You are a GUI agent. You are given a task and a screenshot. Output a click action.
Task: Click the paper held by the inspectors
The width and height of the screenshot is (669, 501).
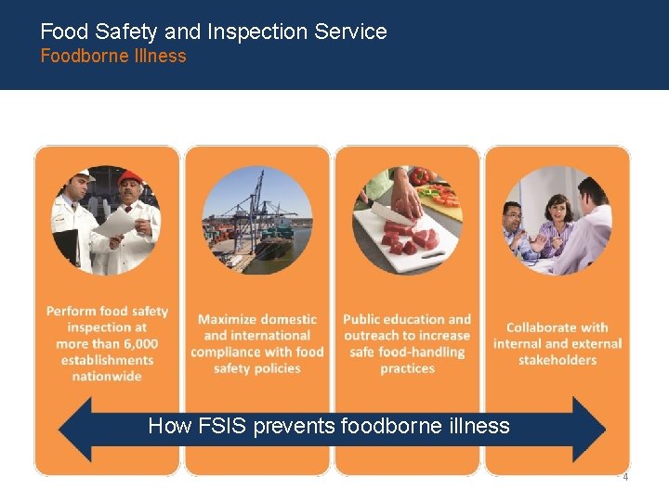pyautogui.click(x=114, y=224)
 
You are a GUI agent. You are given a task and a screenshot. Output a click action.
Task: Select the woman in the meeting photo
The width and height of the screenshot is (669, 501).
pyautogui.click(x=557, y=222)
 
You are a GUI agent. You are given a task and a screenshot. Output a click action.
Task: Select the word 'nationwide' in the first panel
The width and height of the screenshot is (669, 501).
pyautogui.click(x=107, y=377)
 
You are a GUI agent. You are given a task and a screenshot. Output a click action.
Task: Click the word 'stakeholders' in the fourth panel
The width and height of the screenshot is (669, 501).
pyautogui.click(x=557, y=360)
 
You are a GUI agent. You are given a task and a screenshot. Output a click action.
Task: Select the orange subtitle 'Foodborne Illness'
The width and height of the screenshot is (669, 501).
pyautogui.click(x=112, y=57)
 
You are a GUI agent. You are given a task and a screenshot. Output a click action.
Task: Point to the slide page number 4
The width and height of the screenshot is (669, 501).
pyautogui.click(x=624, y=477)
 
